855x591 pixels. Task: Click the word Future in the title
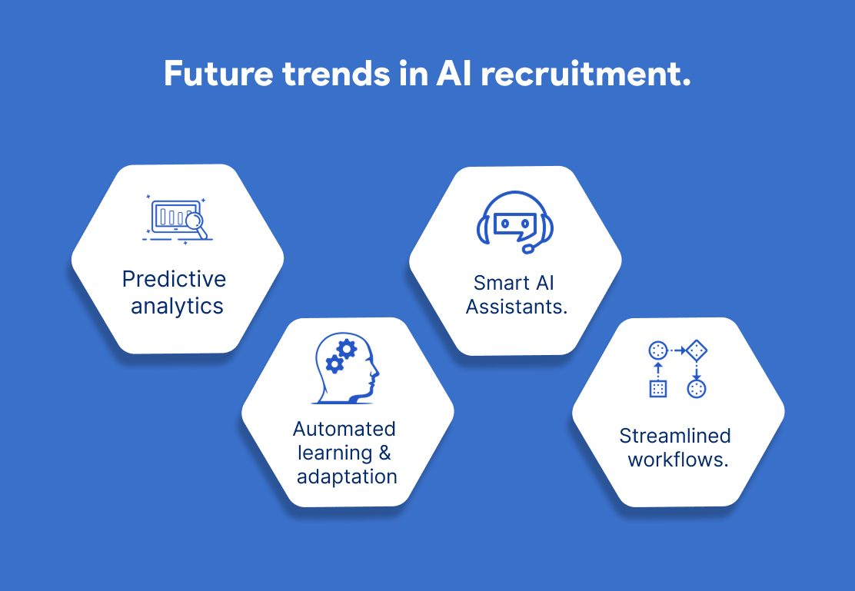(218, 74)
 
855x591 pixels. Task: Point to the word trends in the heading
(336, 74)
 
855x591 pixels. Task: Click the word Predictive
(174, 279)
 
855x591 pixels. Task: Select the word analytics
(177, 306)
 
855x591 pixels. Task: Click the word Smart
(494, 282)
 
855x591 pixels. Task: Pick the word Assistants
(517, 307)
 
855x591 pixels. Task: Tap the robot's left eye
(505, 224)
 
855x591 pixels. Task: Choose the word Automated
(344, 429)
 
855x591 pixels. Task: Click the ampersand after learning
(384, 453)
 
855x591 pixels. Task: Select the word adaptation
(347, 476)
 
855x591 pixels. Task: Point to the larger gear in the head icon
(347, 348)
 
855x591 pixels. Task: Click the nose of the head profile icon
(376, 373)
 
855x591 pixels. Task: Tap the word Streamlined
(675, 436)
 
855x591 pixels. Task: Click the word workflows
(678, 460)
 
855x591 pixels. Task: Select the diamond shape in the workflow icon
(697, 350)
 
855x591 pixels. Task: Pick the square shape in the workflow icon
(658, 389)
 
